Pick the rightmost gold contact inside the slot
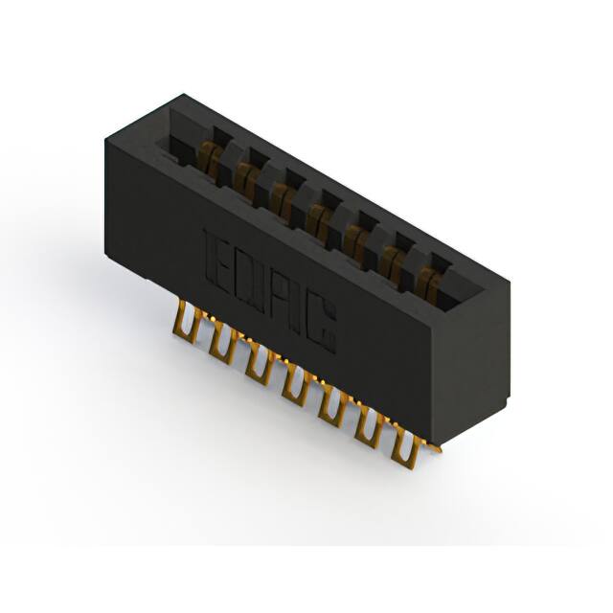[428, 280]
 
